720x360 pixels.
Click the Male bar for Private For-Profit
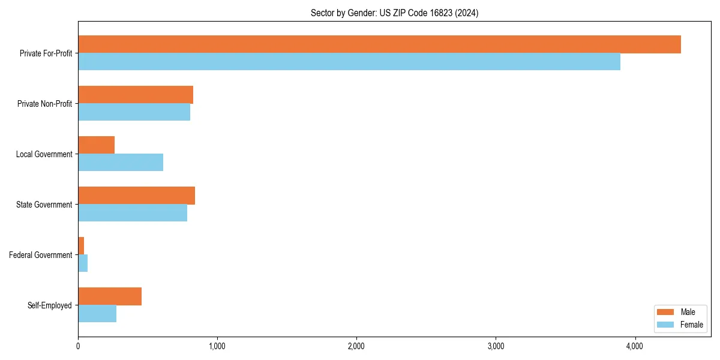coord(379,44)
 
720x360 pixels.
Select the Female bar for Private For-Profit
coord(349,62)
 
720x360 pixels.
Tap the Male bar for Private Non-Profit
coord(136,95)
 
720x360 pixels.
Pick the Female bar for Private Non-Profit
coord(134,112)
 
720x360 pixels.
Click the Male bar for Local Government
coord(96,145)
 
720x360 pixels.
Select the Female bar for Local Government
coord(121,163)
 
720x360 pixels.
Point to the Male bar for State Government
coord(136,196)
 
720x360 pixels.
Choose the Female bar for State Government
coord(133,213)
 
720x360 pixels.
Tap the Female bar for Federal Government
coord(83,263)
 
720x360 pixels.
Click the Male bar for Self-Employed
coord(110,296)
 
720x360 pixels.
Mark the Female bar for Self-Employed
coord(97,314)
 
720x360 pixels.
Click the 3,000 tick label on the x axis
coord(496,346)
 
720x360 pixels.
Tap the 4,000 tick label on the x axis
coord(635,346)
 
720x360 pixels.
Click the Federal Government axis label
coord(41,255)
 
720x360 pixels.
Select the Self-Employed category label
coord(50,305)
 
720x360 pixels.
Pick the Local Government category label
coord(44,154)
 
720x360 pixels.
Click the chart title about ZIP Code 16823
coord(394,13)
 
